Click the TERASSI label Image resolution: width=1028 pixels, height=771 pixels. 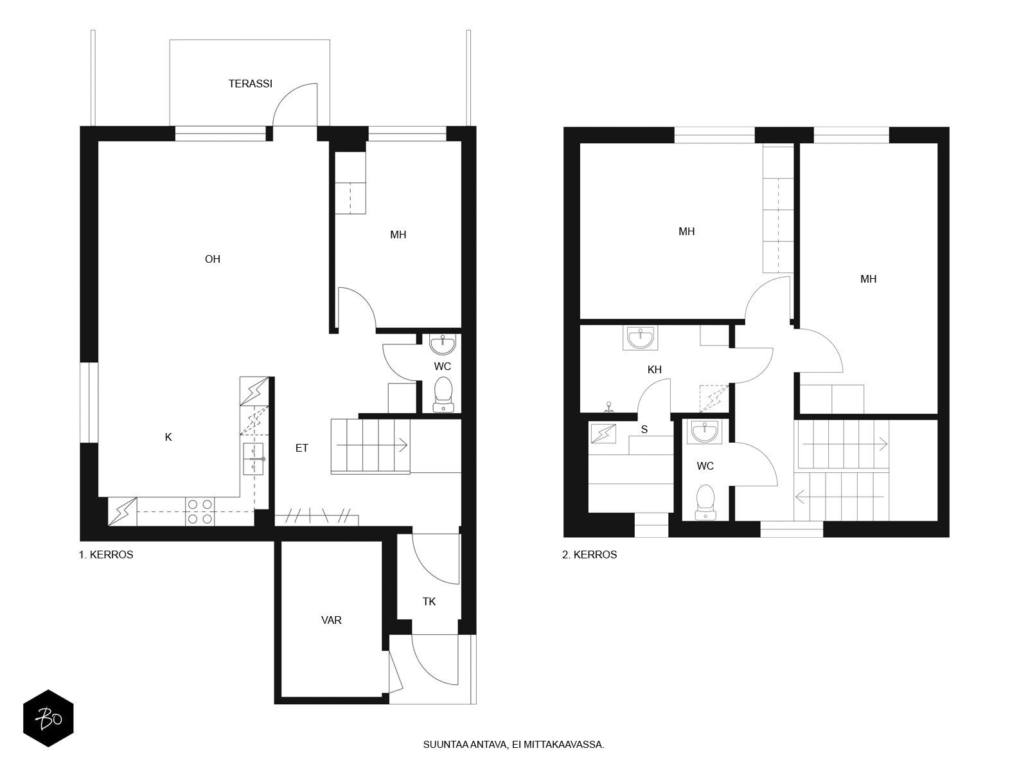click(250, 84)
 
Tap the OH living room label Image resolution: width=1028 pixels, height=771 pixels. click(212, 259)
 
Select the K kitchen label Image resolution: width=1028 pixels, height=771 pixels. click(168, 437)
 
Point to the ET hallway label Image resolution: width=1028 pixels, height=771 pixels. click(301, 448)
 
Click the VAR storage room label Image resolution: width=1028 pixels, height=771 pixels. click(331, 620)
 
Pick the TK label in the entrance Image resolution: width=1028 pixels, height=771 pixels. click(429, 601)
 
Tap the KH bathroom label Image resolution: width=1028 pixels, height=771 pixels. click(654, 369)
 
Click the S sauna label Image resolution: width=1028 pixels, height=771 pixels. click(644, 429)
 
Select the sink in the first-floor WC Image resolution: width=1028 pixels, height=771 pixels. click(443, 344)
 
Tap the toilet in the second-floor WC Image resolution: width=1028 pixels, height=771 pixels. click(705, 502)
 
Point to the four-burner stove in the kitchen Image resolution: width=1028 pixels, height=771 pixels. click(200, 511)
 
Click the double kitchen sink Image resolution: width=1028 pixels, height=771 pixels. click(254, 459)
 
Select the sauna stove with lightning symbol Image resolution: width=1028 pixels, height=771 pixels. click(603, 433)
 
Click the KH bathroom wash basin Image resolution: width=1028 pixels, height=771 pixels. click(640, 338)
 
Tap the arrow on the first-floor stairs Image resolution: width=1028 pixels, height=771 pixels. click(372, 445)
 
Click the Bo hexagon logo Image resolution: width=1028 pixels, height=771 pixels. click(49, 718)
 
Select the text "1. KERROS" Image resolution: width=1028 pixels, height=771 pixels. click(106, 554)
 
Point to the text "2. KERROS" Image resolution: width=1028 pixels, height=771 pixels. click(589, 554)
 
